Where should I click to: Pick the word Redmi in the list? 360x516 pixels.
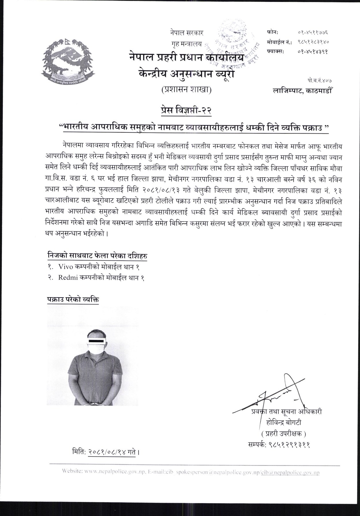pos(67,278)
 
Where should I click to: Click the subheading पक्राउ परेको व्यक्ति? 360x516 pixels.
pos(73,299)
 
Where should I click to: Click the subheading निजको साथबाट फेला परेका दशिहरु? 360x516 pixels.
pos(97,256)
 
